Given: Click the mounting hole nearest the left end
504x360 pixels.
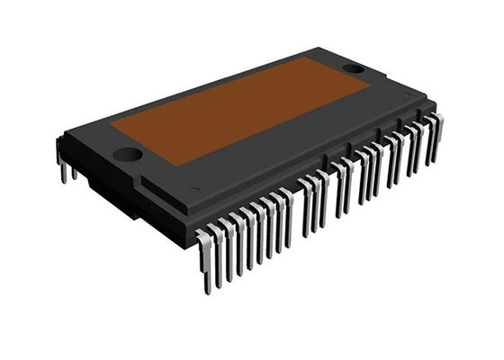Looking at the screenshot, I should pos(127,153).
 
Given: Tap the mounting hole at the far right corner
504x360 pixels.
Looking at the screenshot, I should pos(354,67).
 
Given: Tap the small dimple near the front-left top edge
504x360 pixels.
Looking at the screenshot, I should pos(193,190).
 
